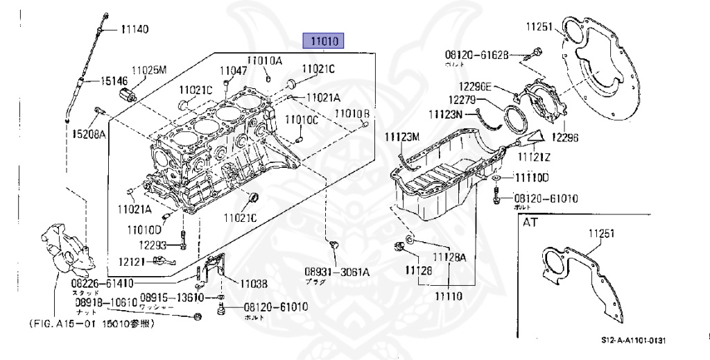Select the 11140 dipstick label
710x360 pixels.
click(135, 30)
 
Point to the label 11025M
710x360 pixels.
click(150, 71)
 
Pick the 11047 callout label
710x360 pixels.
click(234, 71)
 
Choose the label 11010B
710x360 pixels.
click(353, 113)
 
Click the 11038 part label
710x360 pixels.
click(254, 283)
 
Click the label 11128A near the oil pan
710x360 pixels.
click(450, 257)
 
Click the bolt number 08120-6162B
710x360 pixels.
click(477, 53)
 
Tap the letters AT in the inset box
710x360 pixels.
click(530, 223)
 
